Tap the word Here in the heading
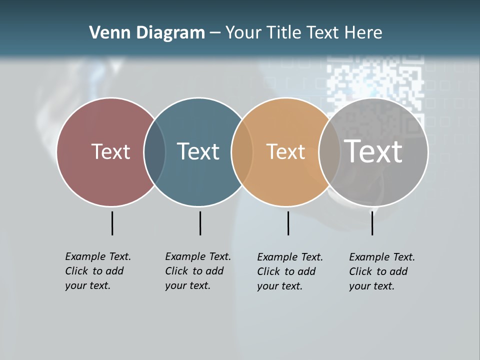[363, 32]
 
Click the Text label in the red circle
[110, 151]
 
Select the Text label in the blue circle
[198, 151]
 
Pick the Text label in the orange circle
[285, 151]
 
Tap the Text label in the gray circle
[373, 151]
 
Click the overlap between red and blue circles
[154, 152]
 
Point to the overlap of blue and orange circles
[242, 152]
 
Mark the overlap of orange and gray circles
[327, 152]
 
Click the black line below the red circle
[112, 223]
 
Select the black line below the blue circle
[200, 223]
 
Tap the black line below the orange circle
[288, 223]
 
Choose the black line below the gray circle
[372, 223]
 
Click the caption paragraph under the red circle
[97, 271]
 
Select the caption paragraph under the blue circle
[197, 271]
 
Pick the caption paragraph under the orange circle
[289, 271]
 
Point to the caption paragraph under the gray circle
[381, 271]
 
